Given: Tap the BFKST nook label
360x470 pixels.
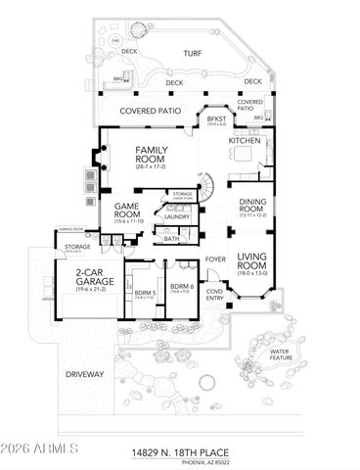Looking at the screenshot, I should coord(215,118).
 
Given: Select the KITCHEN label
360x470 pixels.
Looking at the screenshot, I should coord(246,141).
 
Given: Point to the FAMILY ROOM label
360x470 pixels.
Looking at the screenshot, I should coord(151,155).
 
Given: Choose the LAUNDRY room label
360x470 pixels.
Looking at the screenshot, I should coord(176,216).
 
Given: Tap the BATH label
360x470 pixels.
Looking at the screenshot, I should coord(171,238).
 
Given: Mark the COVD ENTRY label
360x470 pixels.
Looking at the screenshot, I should coord(214,294).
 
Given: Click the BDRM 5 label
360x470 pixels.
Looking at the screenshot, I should coord(145,293).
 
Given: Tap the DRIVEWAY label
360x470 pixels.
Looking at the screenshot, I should coord(85,374).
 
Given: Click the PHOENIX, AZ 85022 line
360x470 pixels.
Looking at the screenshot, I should coord(209,462).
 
